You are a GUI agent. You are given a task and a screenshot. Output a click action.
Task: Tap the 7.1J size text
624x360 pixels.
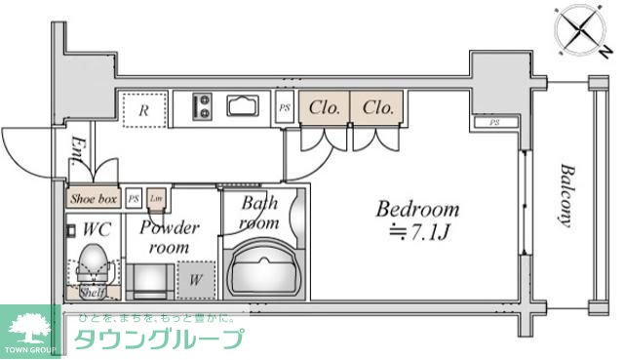pos(424,232)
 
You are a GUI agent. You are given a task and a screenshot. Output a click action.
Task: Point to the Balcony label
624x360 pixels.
pos(565,195)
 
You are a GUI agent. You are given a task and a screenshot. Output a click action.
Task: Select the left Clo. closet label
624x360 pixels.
pos(325,107)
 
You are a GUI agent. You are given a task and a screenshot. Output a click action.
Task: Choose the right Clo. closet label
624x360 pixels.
pos(375,107)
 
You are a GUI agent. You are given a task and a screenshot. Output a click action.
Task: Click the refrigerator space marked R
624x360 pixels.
pos(142,110)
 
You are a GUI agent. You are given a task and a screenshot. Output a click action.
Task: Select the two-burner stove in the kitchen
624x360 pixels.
pos(204,104)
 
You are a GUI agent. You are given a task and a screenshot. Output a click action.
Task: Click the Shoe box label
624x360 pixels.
pos(94,199)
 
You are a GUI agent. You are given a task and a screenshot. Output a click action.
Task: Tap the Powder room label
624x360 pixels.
pos(168,238)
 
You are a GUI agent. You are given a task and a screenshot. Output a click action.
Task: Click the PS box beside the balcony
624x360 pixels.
pos(494,122)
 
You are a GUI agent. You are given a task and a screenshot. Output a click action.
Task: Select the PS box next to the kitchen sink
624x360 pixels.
pos(285,108)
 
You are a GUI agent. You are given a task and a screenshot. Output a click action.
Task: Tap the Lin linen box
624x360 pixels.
pos(156,199)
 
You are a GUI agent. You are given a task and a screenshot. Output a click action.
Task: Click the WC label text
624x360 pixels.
pos(97,230)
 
